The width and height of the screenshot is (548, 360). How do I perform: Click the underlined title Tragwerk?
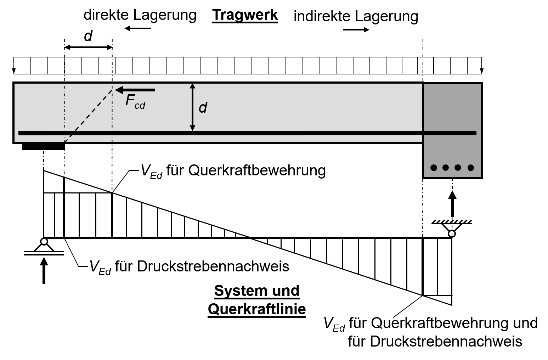(x=245, y=16)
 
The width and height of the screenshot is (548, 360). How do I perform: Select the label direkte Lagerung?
(x=140, y=15)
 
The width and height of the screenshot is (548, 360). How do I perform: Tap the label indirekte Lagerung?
(x=356, y=16)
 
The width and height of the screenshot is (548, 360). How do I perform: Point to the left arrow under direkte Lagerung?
(x=138, y=28)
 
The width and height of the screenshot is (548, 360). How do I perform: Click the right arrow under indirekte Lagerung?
(x=356, y=30)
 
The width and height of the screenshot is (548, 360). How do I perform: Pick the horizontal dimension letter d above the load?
(x=88, y=36)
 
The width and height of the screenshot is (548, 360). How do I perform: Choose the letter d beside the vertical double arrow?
(x=203, y=107)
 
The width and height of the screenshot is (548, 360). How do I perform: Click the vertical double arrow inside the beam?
(x=192, y=107)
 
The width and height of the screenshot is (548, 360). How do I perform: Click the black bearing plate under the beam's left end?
(x=43, y=146)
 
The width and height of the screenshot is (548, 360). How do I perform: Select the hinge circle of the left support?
(x=44, y=242)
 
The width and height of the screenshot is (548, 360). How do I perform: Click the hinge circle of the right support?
(x=452, y=234)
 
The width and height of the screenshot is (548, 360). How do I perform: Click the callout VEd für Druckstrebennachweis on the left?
(x=189, y=267)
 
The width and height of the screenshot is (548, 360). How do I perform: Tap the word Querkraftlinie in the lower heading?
(x=256, y=309)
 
